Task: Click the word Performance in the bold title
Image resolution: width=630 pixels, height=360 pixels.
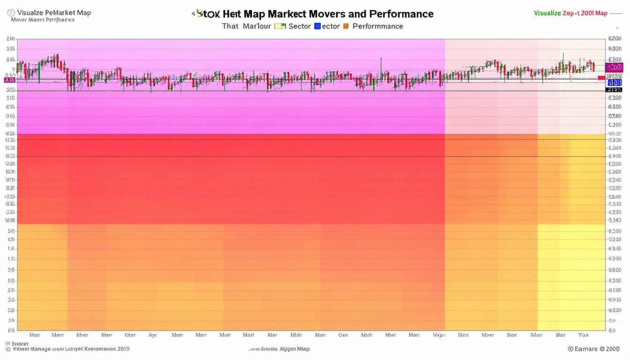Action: (x=401, y=14)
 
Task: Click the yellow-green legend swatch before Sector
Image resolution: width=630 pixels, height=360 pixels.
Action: (x=280, y=26)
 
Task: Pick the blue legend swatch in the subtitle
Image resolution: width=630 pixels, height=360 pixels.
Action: (x=317, y=26)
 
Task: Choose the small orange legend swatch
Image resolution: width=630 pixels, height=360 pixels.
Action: (x=346, y=26)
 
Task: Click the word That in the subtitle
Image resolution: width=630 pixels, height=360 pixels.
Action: (x=230, y=26)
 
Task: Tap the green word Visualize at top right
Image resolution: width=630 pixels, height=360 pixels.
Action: (x=547, y=13)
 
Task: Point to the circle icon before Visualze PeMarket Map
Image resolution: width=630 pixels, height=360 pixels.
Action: (x=11, y=13)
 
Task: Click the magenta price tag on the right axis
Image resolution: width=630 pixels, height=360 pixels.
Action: (x=614, y=67)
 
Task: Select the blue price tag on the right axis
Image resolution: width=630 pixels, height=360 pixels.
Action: (x=614, y=82)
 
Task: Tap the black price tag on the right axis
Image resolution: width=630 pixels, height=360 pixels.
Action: (x=614, y=89)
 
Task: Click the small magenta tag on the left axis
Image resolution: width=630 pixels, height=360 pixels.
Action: (x=9, y=80)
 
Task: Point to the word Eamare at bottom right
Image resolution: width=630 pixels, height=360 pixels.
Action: (x=585, y=349)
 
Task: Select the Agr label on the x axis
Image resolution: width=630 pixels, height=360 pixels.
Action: (x=153, y=335)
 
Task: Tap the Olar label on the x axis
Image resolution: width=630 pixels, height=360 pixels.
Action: (x=130, y=335)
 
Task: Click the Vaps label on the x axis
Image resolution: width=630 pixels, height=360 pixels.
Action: (x=439, y=335)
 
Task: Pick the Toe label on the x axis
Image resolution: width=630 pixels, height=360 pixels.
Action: (x=583, y=335)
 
